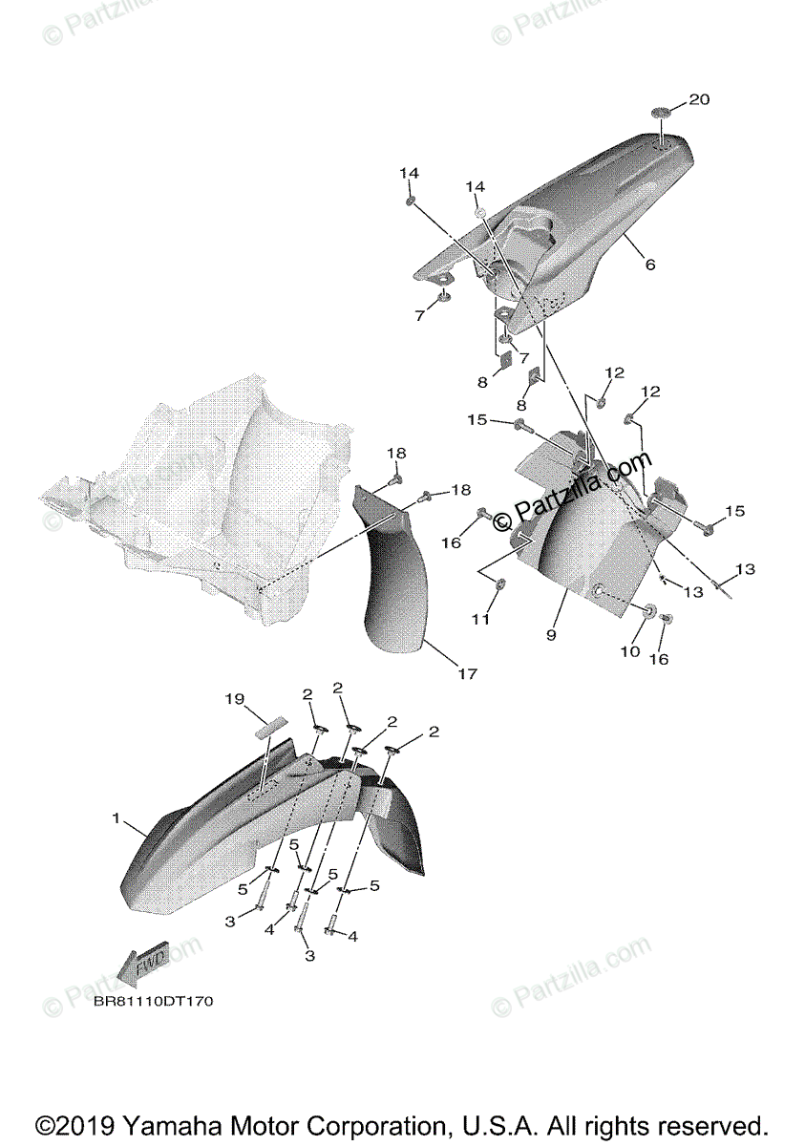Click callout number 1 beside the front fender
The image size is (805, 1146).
click(117, 818)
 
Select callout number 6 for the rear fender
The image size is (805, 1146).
click(650, 265)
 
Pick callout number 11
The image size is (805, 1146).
click(481, 620)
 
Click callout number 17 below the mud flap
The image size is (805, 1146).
click(467, 674)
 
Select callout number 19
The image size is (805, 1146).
click(235, 700)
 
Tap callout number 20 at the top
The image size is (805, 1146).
click(699, 99)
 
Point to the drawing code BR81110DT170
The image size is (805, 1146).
click(154, 1002)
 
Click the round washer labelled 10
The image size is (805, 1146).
click(647, 611)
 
